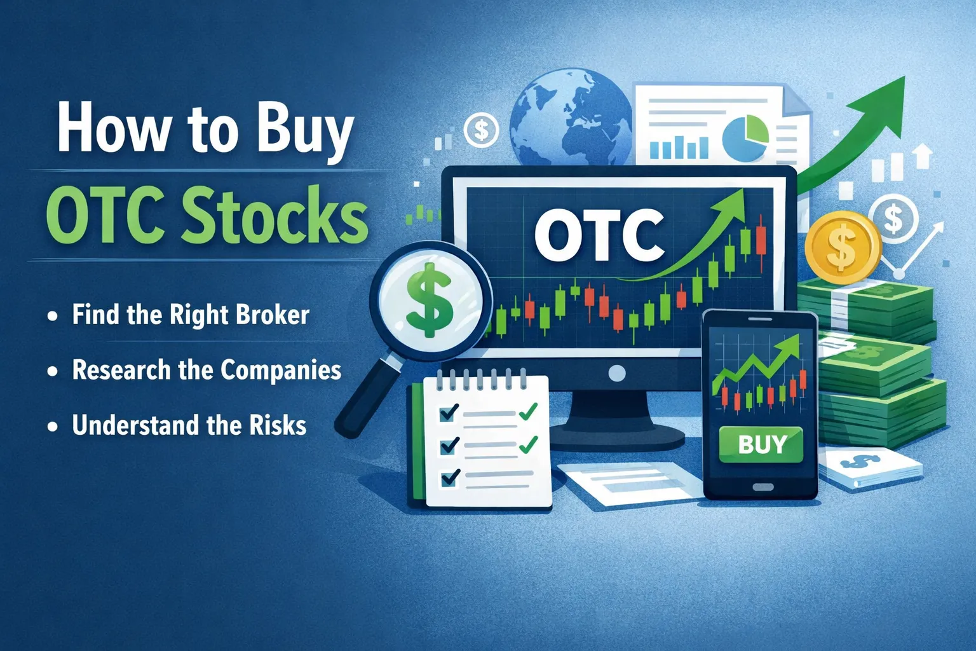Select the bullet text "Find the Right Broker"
click(x=190, y=315)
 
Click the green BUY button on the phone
click(x=761, y=444)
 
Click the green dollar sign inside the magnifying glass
click(x=430, y=300)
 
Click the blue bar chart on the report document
click(x=679, y=147)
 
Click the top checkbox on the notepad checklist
click(x=449, y=413)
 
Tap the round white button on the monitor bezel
click(x=616, y=373)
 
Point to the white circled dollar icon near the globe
click(x=481, y=130)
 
